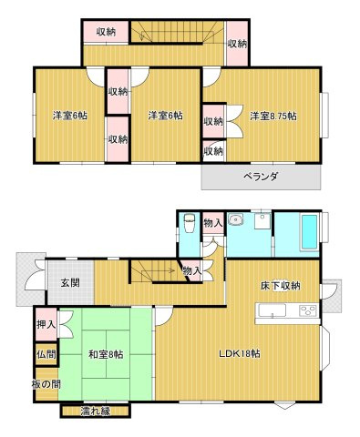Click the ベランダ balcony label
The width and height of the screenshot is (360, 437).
[261, 176]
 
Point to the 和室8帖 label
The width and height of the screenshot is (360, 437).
[108, 353]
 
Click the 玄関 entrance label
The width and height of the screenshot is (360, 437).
[70, 283]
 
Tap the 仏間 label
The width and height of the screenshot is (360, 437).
[46, 353]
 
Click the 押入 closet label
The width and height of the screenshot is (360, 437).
[46, 322]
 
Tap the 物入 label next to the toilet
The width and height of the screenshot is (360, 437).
[212, 221]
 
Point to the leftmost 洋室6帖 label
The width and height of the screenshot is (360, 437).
[70, 115]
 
